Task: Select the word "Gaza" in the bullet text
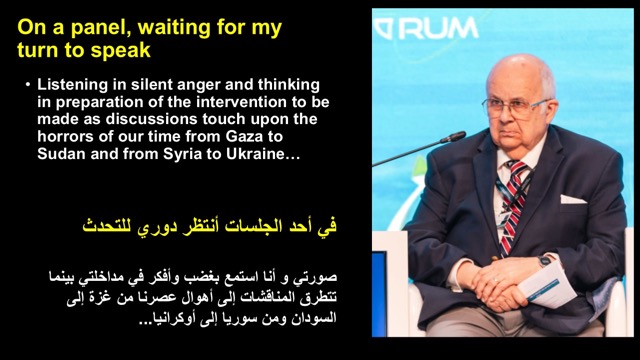coord(244,136)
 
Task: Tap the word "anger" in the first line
coord(200,86)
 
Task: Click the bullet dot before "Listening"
coord(28,85)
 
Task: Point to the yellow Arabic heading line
coord(209,226)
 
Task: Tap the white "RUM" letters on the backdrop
coord(438,29)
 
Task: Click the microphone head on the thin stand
coord(453,137)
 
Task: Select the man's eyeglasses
coord(515,107)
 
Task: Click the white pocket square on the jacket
coord(572,199)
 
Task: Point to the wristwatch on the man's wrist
coord(544,261)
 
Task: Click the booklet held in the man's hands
coord(546,286)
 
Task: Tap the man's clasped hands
coord(495,283)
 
